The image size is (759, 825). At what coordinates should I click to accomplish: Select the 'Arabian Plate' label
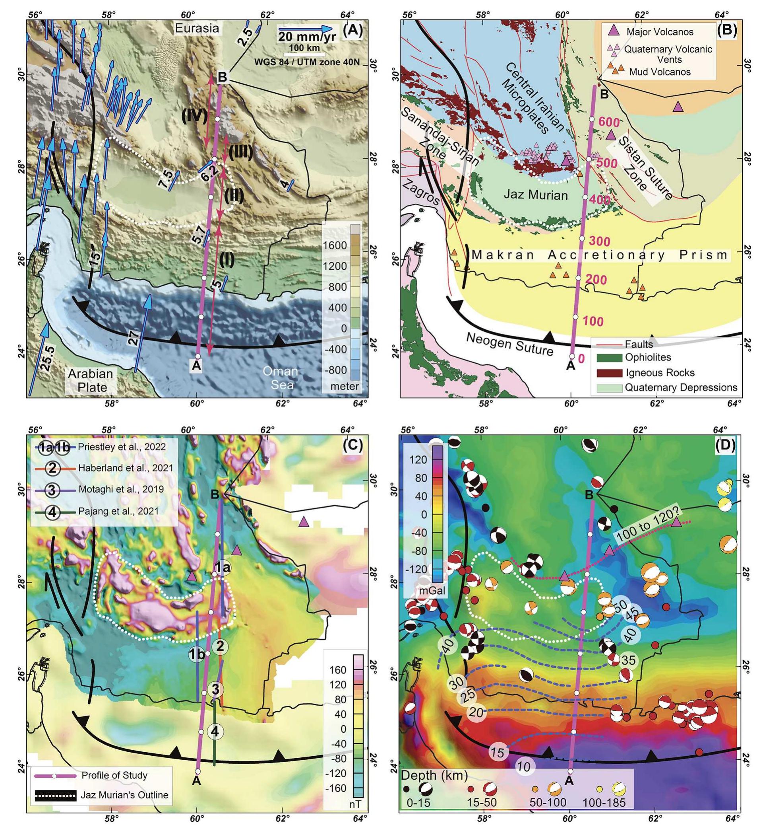pyautogui.click(x=90, y=380)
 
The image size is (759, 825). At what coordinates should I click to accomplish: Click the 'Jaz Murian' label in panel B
pyautogui.click(x=536, y=195)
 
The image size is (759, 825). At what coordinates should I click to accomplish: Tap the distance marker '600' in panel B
pyautogui.click(x=608, y=122)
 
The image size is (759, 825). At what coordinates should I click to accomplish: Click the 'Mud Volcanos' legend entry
pyautogui.click(x=660, y=72)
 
